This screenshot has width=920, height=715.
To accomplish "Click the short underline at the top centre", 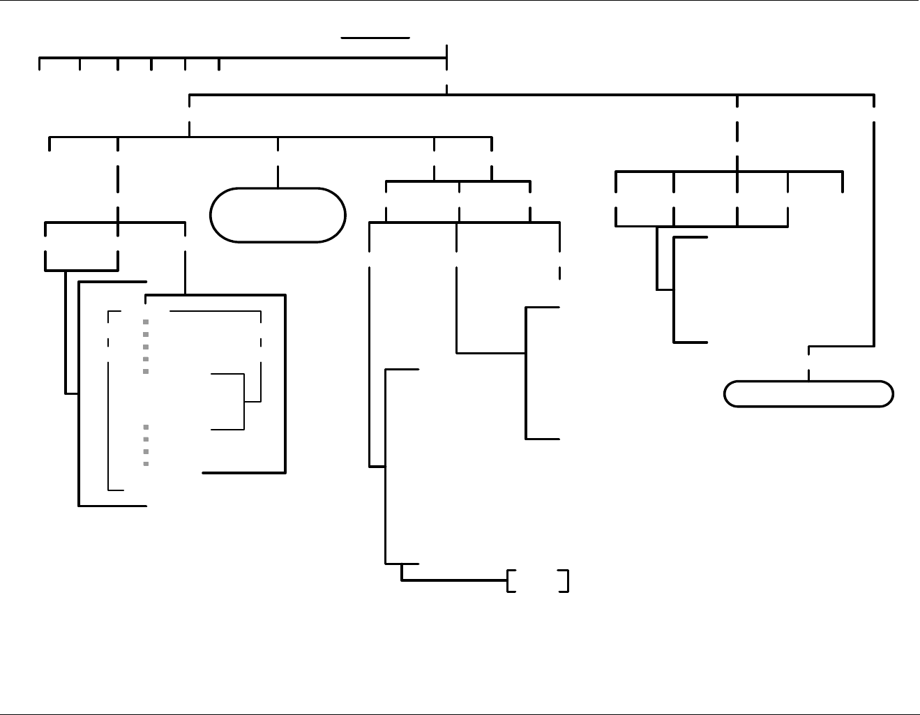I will (375, 38).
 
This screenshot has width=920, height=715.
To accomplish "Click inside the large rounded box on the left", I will (278, 215).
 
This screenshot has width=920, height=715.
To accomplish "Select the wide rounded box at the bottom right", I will (808, 394).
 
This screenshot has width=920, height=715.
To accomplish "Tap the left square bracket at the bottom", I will (510, 580).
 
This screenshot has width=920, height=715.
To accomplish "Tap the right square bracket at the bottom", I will (566, 580).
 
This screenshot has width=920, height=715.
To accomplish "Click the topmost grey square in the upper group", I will (146, 322).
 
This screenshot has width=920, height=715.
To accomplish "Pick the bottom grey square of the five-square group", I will (146, 371).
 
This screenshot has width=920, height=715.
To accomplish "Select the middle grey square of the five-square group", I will (146, 347).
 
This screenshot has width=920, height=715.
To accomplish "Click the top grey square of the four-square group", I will (146, 427).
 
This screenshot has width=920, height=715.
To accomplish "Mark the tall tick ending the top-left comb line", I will (446, 58).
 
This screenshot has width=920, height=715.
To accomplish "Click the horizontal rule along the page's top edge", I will (460, 1).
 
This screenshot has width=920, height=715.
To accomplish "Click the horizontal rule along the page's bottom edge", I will (460, 714).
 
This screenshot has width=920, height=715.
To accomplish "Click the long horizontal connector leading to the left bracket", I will (454, 580).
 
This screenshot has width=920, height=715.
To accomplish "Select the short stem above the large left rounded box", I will (278, 177).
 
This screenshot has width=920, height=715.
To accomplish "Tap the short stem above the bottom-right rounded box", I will (808, 375).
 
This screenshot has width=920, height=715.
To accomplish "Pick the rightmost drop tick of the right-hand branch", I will (843, 181).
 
